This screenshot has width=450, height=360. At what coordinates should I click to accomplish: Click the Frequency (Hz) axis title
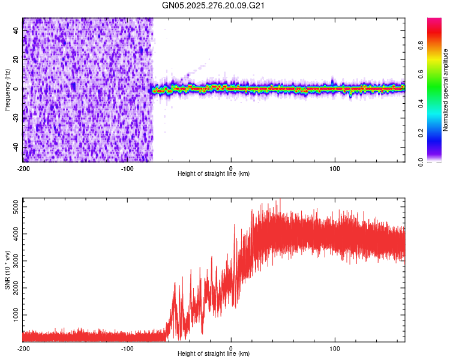coord(7,90)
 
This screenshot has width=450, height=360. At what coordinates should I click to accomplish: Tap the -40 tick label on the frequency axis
coord(15,147)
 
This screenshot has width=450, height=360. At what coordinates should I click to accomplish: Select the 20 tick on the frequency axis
coord(16,59)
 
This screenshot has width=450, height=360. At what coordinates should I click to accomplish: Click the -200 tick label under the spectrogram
coord(23,167)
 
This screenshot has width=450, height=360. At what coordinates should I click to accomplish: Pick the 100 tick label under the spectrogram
coord(335,167)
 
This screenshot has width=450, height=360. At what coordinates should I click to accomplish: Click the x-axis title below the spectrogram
coord(214,174)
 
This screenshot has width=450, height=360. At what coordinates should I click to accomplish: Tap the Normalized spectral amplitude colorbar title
coord(446,90)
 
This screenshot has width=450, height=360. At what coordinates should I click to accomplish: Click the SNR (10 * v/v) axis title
coord(7,270)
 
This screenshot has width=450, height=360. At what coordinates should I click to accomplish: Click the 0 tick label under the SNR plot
coord(231,347)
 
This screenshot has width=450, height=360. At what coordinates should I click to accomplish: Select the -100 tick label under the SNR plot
coord(127,347)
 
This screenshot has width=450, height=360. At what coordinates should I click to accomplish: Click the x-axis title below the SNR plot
coord(214,354)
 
